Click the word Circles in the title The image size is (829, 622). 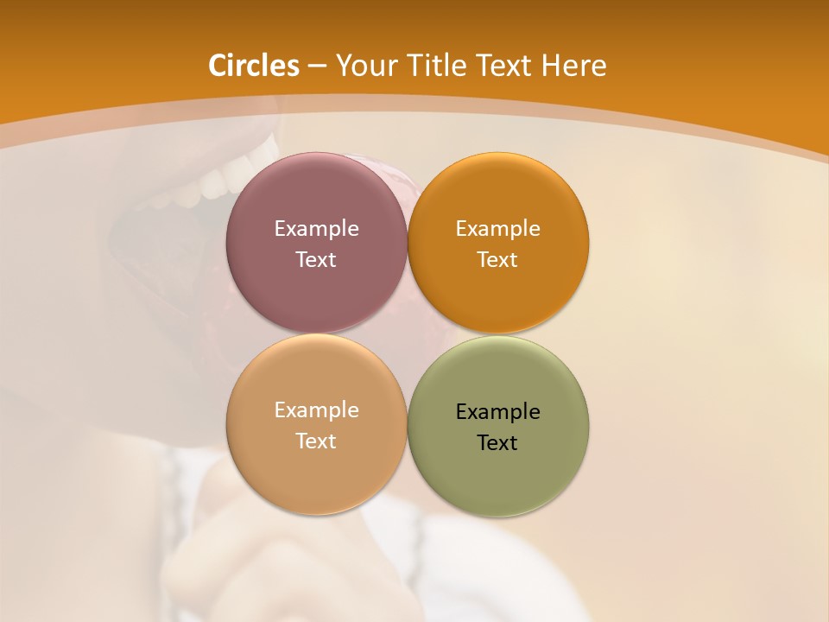(x=254, y=66)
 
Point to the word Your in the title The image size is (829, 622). (x=364, y=66)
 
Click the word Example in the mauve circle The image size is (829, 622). (x=316, y=229)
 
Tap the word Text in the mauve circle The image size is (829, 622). (x=316, y=260)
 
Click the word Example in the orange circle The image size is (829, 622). (x=497, y=229)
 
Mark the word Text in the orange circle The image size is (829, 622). (x=497, y=260)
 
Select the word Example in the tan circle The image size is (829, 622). (x=316, y=410)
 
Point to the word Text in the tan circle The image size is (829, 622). (x=316, y=441)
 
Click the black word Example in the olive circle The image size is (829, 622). (x=497, y=412)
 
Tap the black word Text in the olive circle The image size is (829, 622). (x=497, y=443)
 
